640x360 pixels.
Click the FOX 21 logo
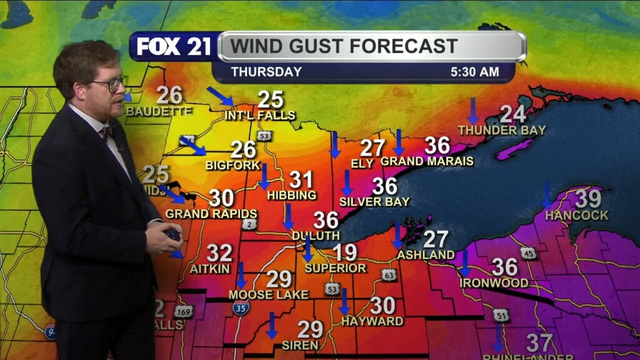(x=173, y=47)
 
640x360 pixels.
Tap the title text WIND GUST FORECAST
(x=344, y=46)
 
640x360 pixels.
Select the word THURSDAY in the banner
(x=266, y=72)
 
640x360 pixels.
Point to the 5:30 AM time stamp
(x=474, y=72)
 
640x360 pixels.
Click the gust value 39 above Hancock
(x=587, y=199)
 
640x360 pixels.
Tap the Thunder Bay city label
(x=501, y=130)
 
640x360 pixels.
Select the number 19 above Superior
(x=344, y=252)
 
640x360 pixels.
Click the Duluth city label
(x=316, y=236)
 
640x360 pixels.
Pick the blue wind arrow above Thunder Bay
(x=473, y=111)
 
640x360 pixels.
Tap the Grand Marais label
(x=427, y=161)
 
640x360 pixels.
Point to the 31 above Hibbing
(x=301, y=181)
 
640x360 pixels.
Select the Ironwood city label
(x=494, y=283)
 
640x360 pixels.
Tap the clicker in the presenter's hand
(x=172, y=236)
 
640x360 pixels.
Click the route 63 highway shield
(x=389, y=275)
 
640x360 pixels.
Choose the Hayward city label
(x=372, y=321)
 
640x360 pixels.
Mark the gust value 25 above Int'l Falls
(x=271, y=99)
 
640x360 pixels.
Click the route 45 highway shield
(x=529, y=252)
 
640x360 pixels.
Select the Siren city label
(x=300, y=345)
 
